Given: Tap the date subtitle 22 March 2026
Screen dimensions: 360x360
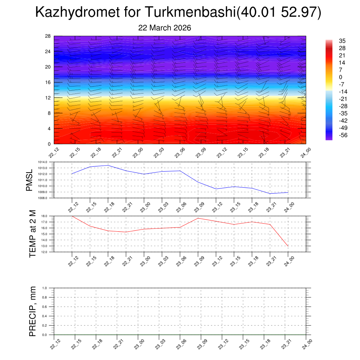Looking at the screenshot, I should point(165,28).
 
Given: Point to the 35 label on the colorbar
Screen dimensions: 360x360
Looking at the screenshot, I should point(342,41).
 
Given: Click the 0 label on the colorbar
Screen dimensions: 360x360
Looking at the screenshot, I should point(340,77).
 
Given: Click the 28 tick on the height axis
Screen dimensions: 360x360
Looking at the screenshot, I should point(48,36).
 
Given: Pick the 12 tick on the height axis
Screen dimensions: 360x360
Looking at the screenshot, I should point(48,98).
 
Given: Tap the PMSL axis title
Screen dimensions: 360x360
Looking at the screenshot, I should point(29,180).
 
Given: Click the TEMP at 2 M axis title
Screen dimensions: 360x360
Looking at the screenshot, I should point(33,234).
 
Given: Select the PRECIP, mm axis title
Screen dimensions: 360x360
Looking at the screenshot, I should point(33,311).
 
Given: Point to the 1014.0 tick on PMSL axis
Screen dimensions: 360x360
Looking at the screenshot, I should point(47,162).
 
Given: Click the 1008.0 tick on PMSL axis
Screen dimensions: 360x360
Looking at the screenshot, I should point(47,198).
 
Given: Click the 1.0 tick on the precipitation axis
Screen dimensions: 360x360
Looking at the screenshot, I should point(50,288).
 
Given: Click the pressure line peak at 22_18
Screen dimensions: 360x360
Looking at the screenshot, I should point(108,165).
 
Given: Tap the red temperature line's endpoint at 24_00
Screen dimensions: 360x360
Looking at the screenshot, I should point(288,246).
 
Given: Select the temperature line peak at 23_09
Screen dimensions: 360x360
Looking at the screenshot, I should point(198,218).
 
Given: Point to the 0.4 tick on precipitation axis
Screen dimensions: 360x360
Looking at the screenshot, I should point(50,316).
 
